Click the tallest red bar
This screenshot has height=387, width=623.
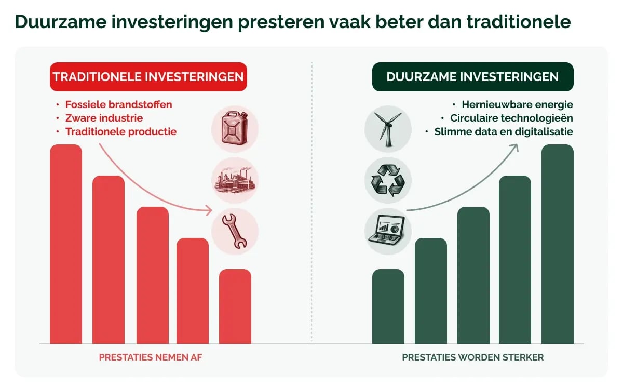[x=66, y=244]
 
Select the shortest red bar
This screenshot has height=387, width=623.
[x=235, y=306]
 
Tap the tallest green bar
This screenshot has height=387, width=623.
[x=558, y=244]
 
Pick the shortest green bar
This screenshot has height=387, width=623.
[x=388, y=306]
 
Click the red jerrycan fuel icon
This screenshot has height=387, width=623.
[x=235, y=129]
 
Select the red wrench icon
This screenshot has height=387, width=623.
[x=235, y=231]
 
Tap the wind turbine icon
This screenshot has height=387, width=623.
[x=388, y=129]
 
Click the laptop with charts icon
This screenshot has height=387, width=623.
[x=388, y=231]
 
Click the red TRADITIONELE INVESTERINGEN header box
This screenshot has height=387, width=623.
[x=148, y=77]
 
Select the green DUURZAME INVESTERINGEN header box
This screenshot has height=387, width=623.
[x=472, y=77]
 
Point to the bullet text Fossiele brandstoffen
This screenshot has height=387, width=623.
[x=118, y=104]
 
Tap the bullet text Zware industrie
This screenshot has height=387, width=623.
[x=104, y=118]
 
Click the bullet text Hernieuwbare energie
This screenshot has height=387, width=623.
[x=517, y=104]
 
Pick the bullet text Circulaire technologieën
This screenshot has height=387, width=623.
[x=511, y=118]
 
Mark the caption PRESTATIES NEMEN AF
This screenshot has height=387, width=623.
[x=150, y=358]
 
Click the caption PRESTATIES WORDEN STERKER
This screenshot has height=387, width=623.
[x=472, y=358]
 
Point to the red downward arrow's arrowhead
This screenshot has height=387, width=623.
[x=209, y=210]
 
